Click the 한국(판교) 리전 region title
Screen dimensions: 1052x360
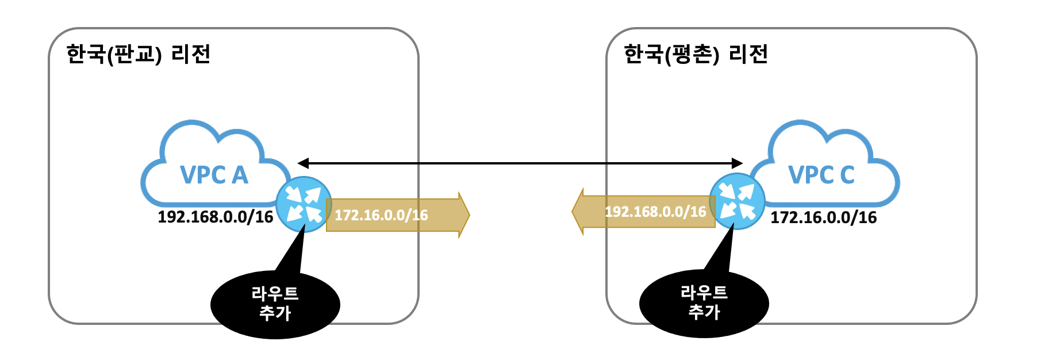click(x=139, y=54)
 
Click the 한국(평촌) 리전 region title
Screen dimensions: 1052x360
click(x=696, y=54)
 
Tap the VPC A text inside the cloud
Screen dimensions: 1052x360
click(x=214, y=175)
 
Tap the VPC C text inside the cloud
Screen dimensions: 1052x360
click(x=821, y=175)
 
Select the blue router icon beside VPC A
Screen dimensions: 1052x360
click(x=304, y=204)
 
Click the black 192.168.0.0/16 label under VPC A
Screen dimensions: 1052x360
click(x=216, y=217)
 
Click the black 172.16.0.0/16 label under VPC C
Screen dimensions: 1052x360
click(x=824, y=217)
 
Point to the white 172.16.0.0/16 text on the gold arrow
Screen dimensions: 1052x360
click(x=381, y=215)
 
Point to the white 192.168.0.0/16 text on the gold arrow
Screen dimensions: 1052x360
click(x=655, y=212)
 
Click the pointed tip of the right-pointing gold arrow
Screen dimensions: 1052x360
click(x=470, y=215)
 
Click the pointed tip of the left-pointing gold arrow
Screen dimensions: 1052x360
click(x=572, y=212)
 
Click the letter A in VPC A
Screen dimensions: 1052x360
click(x=240, y=175)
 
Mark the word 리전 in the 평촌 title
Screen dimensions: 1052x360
click(x=748, y=54)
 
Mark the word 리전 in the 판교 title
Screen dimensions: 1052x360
click(x=191, y=54)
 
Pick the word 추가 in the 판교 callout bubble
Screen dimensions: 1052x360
click(x=275, y=313)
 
